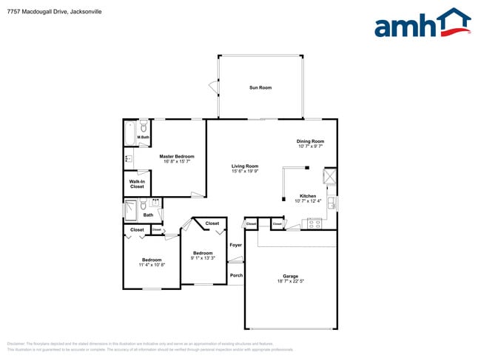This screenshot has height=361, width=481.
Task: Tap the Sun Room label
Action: click(260, 88)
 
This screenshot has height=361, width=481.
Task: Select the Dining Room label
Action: click(311, 141)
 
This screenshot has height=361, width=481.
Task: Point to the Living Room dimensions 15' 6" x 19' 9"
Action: click(245, 172)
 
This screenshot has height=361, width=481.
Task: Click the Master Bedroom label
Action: click(177, 156)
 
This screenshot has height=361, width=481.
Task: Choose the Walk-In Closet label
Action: click(137, 184)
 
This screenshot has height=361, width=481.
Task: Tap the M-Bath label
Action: click(144, 138)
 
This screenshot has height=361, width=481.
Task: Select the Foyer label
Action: click(235, 244)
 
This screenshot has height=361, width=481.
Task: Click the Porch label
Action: click(236, 275)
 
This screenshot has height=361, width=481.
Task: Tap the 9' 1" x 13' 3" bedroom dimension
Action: click(203, 258)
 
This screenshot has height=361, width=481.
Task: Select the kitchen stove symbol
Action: click(314, 223)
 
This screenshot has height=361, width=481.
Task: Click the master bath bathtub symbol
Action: click(129, 135)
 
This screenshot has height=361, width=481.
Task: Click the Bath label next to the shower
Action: click(148, 215)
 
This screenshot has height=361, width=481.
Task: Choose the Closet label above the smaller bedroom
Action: click(212, 223)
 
